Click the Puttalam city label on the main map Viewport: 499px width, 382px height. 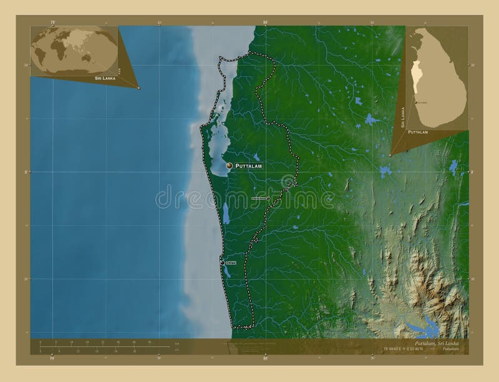248,166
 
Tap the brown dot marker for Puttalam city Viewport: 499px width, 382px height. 230,165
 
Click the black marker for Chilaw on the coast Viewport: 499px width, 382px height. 222,263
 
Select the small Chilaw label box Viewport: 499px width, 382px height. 231,263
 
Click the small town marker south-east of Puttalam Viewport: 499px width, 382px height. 268,198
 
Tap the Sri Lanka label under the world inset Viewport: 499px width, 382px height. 105,79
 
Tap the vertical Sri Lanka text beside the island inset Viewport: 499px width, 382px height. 403,117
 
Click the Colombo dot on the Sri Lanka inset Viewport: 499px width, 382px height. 415,102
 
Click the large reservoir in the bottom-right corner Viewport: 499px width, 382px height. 424,325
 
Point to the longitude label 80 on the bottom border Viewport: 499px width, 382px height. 266,359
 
